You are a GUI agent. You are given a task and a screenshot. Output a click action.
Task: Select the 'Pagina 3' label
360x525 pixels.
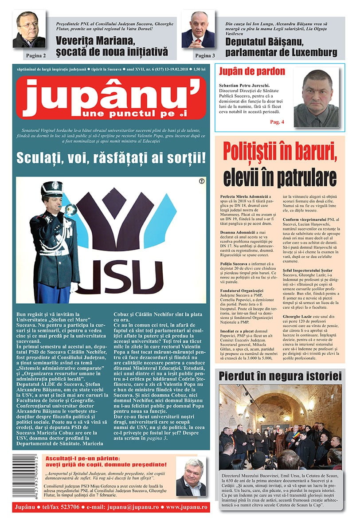tap(204, 56)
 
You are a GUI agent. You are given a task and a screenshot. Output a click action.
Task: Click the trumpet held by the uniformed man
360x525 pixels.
tap(67, 209)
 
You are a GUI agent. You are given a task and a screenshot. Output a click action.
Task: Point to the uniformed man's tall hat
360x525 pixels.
tap(52, 189)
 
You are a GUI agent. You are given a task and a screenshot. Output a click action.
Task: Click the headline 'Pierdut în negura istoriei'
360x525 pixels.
tap(280, 376)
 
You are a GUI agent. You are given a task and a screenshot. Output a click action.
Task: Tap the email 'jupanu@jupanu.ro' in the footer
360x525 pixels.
tap(138, 506)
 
